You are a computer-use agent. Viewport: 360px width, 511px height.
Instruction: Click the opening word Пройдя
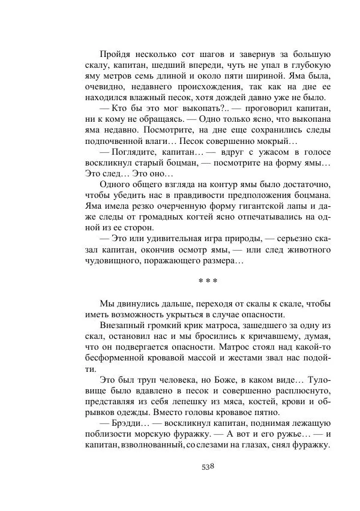(114, 55)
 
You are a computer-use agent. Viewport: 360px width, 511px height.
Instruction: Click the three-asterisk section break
(207, 281)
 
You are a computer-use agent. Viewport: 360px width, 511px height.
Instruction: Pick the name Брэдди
(123, 423)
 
